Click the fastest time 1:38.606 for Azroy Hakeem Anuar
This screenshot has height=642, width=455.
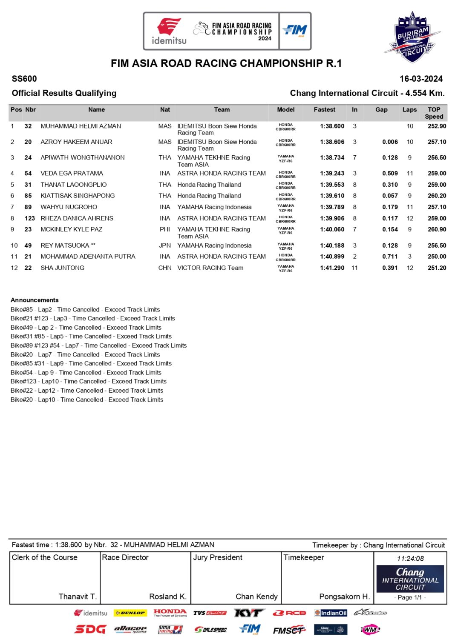pos(332,142)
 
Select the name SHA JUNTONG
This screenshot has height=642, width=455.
pos(62,268)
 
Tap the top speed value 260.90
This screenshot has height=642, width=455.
pos(437,230)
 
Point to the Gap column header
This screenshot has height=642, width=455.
pos(381,110)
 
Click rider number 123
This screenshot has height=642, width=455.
pos(29,219)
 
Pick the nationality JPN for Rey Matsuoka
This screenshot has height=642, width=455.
pos(165,245)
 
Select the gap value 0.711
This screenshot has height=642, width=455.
pos(390,257)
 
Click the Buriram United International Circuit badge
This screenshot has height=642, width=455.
pos(412,37)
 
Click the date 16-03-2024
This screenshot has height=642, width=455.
pos(421,79)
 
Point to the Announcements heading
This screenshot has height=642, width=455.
pos(35,300)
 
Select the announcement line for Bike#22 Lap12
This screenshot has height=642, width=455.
pos(87,391)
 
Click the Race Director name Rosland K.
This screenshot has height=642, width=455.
pos(168,596)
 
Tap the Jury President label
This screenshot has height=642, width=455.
pos(218,557)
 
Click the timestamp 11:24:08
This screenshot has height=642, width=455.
pos(410,559)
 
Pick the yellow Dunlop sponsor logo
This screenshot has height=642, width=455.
pos(130,613)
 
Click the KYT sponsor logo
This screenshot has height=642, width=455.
pos(249,613)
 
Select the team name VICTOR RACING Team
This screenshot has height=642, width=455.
pos(210,268)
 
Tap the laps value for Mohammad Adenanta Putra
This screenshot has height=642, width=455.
pos(410,257)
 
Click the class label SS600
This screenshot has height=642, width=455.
pos(24,79)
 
